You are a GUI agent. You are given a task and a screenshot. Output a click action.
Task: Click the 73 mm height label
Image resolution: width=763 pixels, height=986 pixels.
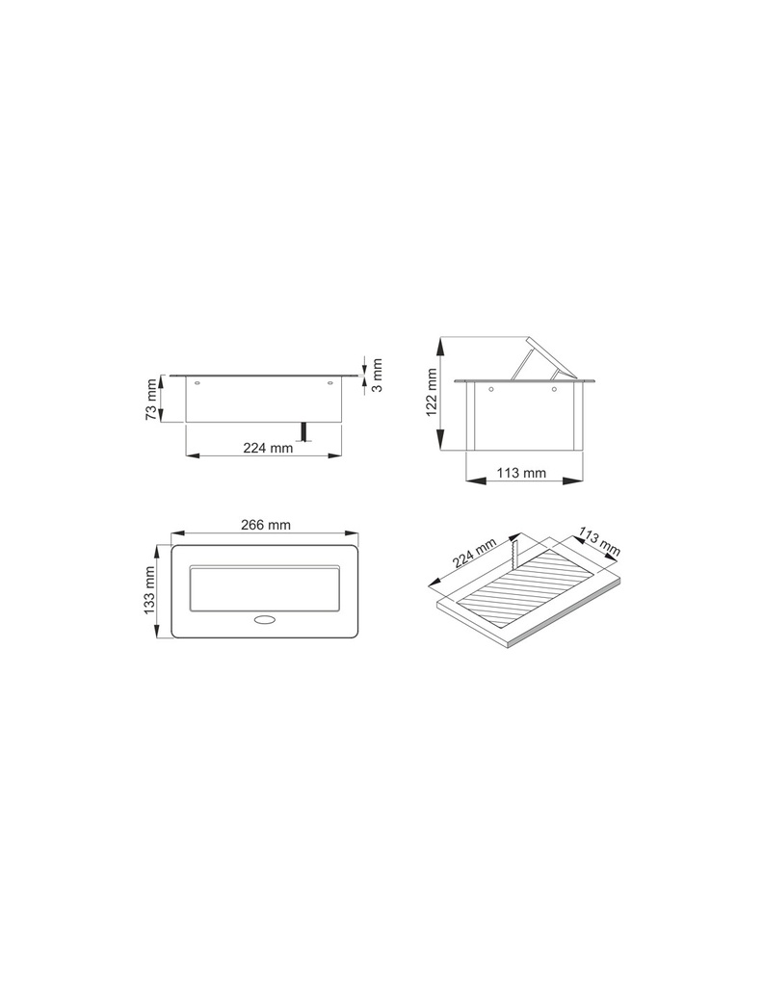tap(151, 400)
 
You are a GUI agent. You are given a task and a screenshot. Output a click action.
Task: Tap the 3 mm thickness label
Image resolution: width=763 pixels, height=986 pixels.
tap(378, 376)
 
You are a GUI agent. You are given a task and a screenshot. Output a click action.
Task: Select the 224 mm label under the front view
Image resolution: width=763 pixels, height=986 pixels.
tap(267, 448)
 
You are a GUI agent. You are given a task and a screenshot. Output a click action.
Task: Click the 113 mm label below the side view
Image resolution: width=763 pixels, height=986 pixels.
tap(520, 473)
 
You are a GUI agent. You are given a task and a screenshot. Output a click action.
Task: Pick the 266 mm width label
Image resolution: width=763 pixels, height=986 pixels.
tap(265, 525)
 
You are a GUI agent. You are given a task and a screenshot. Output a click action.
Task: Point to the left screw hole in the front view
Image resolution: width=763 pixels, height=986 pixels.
tap(198, 384)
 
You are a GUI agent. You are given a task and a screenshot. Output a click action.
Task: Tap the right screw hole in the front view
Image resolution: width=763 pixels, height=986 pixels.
tap(330, 384)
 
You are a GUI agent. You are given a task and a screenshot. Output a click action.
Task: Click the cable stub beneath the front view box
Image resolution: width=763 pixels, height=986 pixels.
tap(304, 432)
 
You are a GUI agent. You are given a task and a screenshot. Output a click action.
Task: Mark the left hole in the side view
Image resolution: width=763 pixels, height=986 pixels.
tap(491, 390)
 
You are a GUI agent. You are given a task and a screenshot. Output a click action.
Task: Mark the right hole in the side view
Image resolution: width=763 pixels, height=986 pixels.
tap(555, 390)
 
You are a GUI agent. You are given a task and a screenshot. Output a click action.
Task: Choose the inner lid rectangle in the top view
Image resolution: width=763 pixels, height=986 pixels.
tap(265, 587)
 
